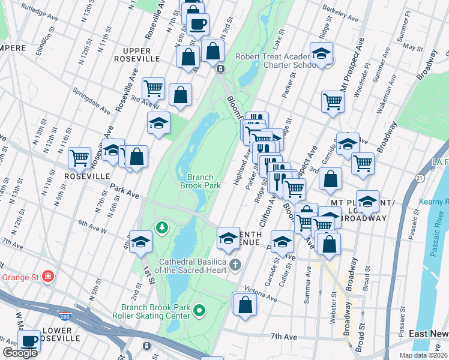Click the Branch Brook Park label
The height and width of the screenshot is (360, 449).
[200, 181]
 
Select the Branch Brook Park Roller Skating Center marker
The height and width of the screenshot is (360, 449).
[199, 310]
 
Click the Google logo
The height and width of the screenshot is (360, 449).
[20, 353]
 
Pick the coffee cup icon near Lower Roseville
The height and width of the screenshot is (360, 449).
[29, 340]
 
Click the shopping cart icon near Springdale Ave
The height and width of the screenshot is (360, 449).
[154, 88]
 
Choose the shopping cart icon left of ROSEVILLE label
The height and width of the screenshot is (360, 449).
[79, 158]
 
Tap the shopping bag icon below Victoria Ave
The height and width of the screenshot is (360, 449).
[245, 304]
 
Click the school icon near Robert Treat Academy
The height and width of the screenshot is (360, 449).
[321, 54]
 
